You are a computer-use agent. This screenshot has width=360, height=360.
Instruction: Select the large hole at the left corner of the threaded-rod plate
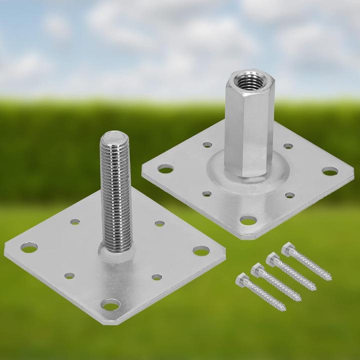pos(29,247)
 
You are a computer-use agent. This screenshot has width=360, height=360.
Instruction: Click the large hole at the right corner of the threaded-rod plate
pos(201,250)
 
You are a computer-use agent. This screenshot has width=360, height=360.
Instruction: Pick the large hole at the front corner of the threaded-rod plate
pos(110,304)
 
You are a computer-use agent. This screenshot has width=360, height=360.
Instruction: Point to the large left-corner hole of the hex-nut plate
pos(165,169)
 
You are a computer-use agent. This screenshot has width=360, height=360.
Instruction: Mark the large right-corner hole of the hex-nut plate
pos(330,171)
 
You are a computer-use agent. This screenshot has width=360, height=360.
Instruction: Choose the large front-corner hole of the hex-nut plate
pos(248,219)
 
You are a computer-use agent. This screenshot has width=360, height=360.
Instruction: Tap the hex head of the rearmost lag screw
pos(287,248)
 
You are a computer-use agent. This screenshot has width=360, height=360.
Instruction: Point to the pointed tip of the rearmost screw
pos(329,278)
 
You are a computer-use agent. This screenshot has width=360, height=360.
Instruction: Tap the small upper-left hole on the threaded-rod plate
pos(74,221)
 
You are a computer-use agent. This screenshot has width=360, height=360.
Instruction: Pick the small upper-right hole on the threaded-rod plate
pos(159,223)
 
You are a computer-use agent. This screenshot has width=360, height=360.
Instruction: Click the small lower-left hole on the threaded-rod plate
pos(69,275)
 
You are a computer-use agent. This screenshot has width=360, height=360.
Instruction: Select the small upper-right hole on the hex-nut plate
pos(288,146)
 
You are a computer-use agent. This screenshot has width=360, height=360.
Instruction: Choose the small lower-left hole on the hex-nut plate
pos(206,193)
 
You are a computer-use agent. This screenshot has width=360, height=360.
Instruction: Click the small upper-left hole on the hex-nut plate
pos(207,145)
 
